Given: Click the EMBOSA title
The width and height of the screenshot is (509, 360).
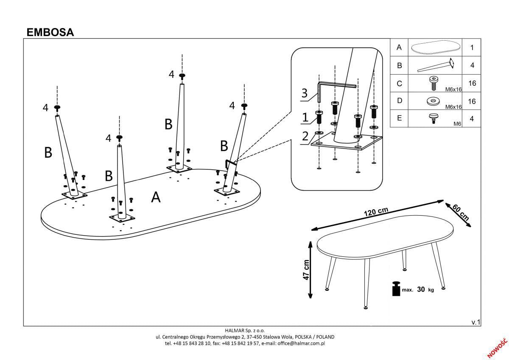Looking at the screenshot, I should tap(50, 32).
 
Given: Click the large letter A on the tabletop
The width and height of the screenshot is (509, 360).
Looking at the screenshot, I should tap(156, 197).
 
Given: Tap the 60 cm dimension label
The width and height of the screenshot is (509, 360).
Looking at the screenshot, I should tap(461, 211).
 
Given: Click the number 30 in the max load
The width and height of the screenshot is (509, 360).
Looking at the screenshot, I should tap(421, 290).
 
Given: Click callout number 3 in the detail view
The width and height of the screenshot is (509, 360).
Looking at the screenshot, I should tap(304, 93).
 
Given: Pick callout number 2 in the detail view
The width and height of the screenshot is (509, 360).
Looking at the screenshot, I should tap(305, 137).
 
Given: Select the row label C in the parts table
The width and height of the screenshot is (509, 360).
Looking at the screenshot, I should tap(399, 84).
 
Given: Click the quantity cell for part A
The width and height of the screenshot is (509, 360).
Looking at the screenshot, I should tap(472, 48).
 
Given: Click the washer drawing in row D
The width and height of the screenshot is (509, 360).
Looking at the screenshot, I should tap(433, 101).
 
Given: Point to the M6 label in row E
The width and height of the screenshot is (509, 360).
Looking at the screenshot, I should tap(457, 124).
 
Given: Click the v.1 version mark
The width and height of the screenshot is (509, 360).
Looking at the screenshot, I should tap(476, 323).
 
